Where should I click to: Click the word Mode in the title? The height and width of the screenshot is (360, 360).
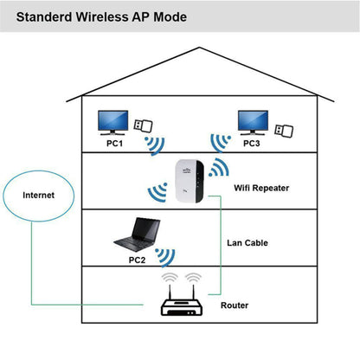[x=190, y=17]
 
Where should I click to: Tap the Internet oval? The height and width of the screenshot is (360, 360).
[x=38, y=196]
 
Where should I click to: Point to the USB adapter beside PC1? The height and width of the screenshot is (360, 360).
[x=144, y=126]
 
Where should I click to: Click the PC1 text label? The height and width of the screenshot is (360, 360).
[x=114, y=144]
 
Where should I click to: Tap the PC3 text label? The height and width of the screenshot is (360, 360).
[x=250, y=144]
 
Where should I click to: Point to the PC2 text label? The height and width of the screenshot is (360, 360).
[x=136, y=258]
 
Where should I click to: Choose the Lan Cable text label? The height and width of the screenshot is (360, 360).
[x=247, y=243]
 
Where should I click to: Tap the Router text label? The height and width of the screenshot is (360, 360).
[x=234, y=305]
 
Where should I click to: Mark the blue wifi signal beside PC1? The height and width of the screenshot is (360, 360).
[x=153, y=144]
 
